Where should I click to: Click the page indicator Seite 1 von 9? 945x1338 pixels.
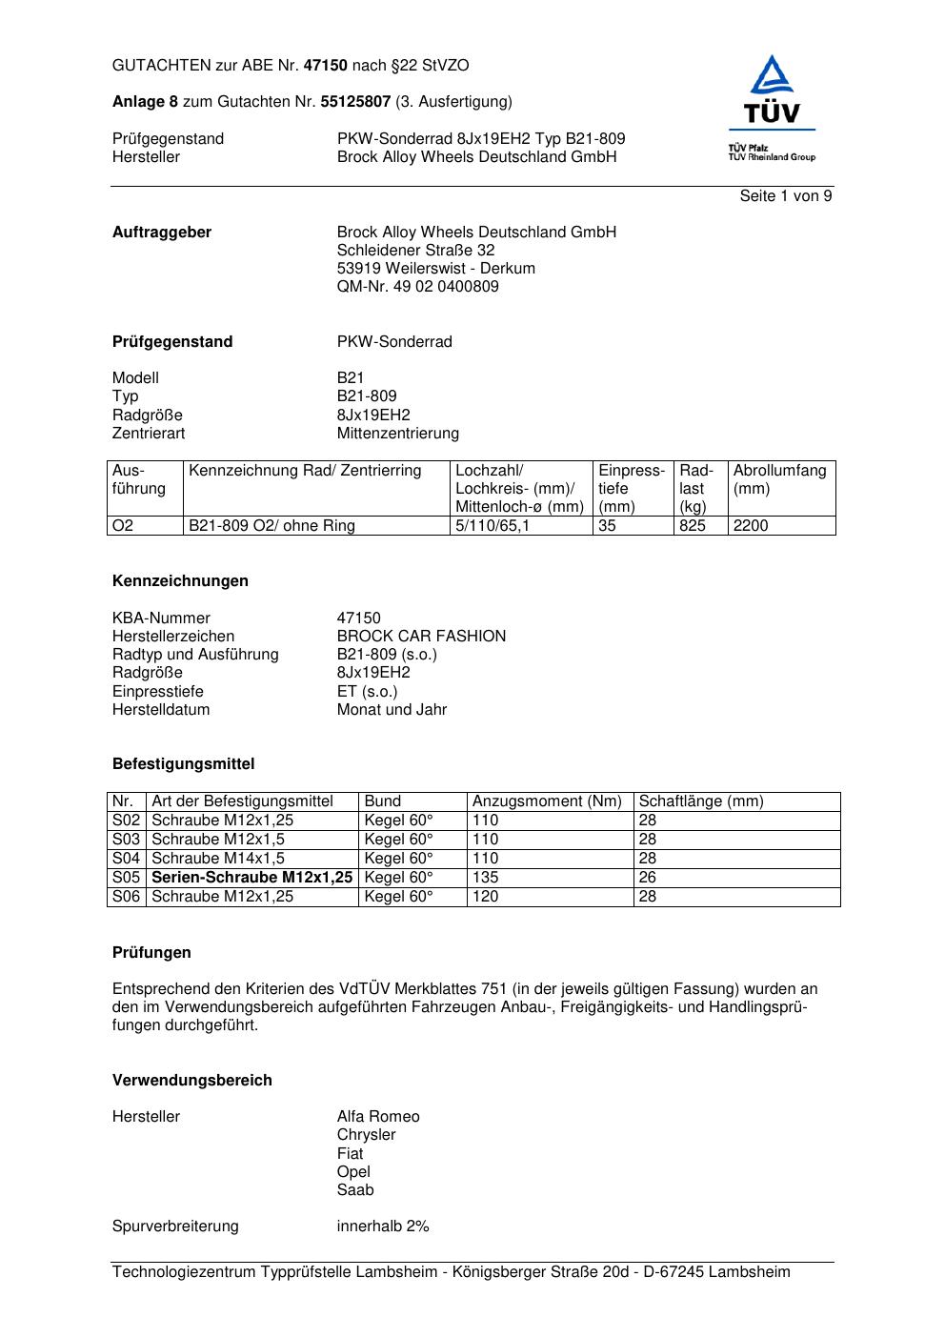point(785,196)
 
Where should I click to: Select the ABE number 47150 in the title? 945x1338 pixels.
point(326,66)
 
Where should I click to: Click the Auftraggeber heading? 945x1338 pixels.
point(162,233)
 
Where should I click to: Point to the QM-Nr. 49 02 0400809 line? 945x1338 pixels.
point(417,287)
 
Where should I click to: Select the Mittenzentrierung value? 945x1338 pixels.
point(397,434)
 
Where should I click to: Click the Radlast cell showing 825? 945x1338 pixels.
point(692,526)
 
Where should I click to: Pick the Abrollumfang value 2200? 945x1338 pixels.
point(750,526)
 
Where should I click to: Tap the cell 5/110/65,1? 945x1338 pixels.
point(491,526)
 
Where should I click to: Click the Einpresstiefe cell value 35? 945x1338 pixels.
point(607,526)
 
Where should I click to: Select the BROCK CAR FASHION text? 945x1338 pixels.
point(421,637)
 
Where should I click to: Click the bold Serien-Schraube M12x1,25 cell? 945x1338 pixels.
point(251,878)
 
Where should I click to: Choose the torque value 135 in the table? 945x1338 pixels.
point(485,878)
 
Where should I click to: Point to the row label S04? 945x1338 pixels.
point(126,859)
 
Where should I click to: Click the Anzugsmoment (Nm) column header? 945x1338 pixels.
point(547,801)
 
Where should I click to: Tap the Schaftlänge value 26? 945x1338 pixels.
point(647,878)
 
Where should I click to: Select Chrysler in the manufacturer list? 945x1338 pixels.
point(366,1135)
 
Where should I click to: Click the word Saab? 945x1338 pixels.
point(354,1190)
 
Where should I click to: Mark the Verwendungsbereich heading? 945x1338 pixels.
point(191,1081)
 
